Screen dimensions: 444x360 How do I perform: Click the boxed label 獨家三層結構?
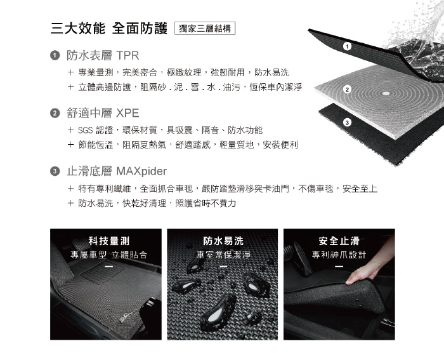click(x=205, y=29)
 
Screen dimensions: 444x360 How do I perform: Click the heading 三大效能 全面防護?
click(x=109, y=28)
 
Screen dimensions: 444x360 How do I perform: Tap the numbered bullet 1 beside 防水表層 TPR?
click(x=55, y=55)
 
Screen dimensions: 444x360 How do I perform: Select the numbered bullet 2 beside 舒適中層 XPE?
click(x=55, y=113)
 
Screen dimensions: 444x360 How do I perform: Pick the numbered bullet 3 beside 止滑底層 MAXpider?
click(x=55, y=171)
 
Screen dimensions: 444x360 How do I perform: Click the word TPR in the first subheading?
click(x=127, y=56)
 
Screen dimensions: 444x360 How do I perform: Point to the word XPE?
click(x=127, y=113)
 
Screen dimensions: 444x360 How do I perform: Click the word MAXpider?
click(x=141, y=171)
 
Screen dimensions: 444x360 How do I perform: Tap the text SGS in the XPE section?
click(x=85, y=130)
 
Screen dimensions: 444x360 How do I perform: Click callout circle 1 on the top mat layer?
click(x=347, y=46)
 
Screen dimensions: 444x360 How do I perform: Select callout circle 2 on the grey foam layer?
click(x=347, y=90)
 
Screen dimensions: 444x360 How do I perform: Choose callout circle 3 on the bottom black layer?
click(x=347, y=123)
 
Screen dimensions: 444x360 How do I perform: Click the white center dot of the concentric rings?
click(x=386, y=93)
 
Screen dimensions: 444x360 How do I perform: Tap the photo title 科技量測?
click(x=109, y=241)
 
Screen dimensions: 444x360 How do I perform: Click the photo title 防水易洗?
click(x=223, y=241)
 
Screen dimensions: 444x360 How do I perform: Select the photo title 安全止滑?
click(x=339, y=241)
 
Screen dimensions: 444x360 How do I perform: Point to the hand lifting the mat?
click(x=368, y=267)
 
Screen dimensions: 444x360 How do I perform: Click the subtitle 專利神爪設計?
click(x=339, y=255)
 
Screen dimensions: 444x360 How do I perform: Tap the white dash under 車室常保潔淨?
click(x=223, y=267)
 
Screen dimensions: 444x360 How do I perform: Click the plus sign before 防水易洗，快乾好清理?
click(x=71, y=203)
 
